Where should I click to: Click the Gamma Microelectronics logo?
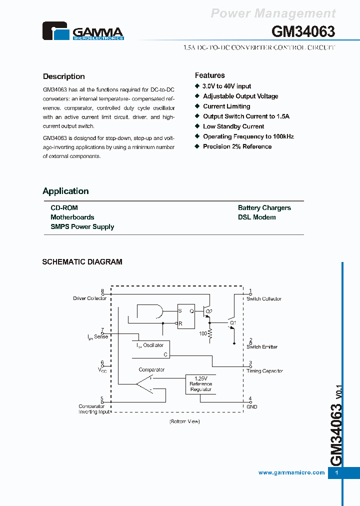click(83, 31)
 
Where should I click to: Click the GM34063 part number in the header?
click(303, 31)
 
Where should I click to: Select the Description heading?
click(64, 76)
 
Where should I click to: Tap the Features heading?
click(209, 75)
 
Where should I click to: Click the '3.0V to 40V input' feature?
click(227, 86)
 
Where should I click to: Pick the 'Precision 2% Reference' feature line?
click(237, 146)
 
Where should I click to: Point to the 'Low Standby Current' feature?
click(233, 126)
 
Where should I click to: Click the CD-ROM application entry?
click(64, 207)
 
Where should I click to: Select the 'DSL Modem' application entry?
click(256, 217)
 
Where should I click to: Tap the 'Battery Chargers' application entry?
click(264, 207)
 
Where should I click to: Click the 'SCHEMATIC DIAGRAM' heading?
click(82, 261)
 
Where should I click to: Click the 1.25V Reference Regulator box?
click(200, 384)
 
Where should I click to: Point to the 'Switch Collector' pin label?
click(263, 298)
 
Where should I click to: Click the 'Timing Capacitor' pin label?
click(264, 371)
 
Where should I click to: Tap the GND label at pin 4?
click(251, 406)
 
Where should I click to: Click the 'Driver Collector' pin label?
click(90, 298)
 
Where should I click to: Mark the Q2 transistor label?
click(208, 311)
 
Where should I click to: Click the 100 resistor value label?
click(203, 333)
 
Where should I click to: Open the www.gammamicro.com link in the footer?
click(291, 472)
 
